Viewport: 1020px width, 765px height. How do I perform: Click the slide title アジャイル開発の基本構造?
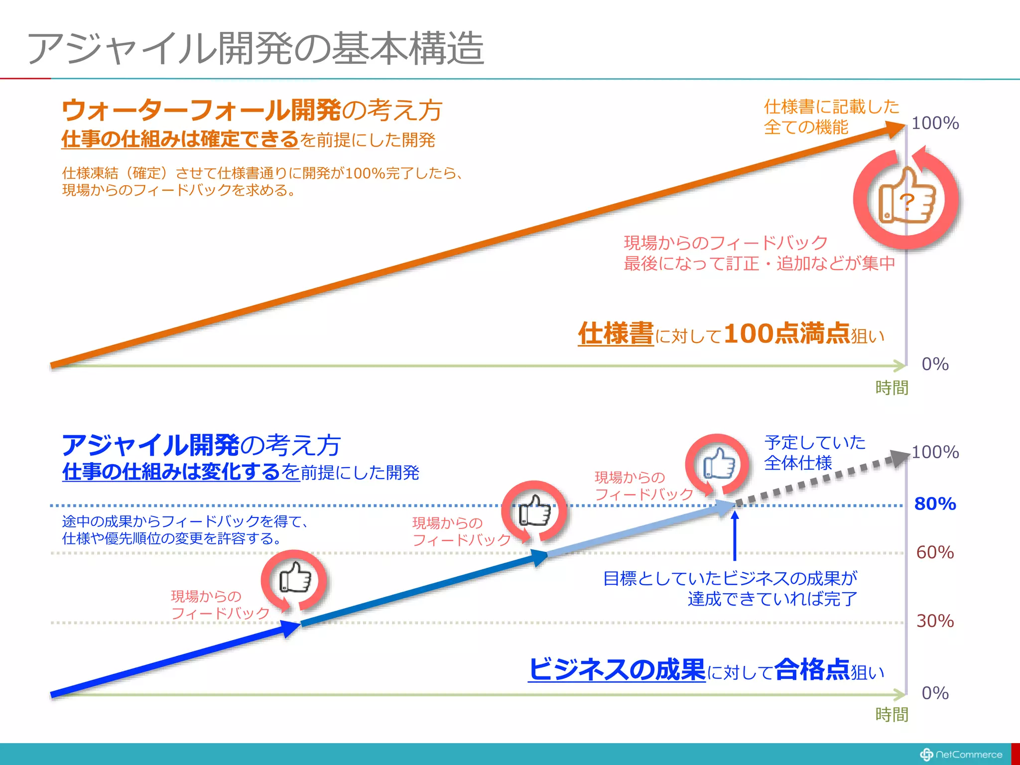coord(255,48)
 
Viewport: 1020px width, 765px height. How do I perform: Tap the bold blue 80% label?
coord(935,504)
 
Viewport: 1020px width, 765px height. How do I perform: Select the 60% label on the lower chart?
coord(935,552)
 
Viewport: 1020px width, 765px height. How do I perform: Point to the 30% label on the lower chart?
coord(935,621)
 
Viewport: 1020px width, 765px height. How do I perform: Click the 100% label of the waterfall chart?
coord(935,123)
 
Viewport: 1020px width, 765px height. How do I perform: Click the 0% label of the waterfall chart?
coord(935,364)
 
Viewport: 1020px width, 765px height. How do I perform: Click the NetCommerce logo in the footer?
coord(961,755)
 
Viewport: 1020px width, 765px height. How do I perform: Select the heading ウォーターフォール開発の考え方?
coord(252,110)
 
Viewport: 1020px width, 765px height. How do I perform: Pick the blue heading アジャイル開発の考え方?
coord(201,445)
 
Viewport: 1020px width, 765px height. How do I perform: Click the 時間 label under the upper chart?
coord(892,387)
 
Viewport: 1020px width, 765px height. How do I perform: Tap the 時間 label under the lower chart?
coord(892,715)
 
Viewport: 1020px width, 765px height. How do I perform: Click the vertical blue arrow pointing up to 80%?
coord(735,535)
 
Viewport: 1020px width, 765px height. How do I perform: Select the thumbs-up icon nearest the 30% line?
coord(295,578)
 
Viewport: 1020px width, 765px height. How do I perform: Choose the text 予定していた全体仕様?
coord(814,453)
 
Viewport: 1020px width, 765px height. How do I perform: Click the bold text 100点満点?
coord(787,333)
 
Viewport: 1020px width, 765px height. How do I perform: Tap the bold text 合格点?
coord(812,669)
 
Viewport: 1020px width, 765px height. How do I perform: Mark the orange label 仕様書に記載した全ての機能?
coord(831,117)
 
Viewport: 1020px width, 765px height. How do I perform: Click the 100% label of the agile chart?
coord(935,452)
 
